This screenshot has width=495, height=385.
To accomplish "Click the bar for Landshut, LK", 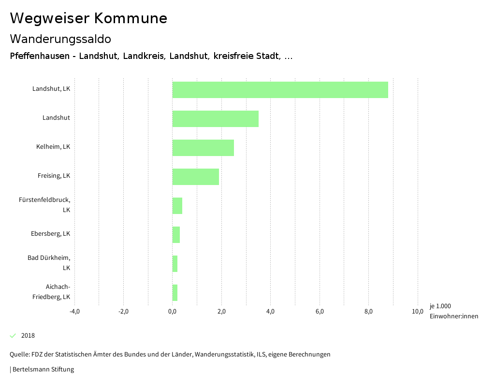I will (x=280, y=90).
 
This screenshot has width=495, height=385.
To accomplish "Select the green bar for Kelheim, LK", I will (x=203, y=148).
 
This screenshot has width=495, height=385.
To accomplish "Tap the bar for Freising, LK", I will (x=196, y=177).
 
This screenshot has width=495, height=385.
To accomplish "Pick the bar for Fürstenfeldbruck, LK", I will (x=177, y=206).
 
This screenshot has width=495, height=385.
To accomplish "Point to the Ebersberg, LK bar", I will (x=176, y=235).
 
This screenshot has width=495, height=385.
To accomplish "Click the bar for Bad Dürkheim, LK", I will (x=175, y=264).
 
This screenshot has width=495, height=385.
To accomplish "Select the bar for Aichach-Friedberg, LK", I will (x=175, y=293).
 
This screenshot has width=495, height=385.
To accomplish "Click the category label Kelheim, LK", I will (x=53, y=147).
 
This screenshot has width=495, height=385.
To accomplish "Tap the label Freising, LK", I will (x=54, y=176).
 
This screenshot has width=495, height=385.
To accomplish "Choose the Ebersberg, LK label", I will (x=50, y=234).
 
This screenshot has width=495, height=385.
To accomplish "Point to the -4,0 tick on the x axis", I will (x=74, y=311).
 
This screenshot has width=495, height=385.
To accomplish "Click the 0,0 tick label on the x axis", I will (x=173, y=311).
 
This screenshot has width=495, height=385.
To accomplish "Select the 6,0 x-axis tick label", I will (x=320, y=311).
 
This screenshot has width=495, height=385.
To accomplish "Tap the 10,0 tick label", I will (x=418, y=311).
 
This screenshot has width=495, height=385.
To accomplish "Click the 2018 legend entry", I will (x=28, y=336).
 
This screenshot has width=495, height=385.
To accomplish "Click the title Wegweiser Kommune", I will (x=88, y=18).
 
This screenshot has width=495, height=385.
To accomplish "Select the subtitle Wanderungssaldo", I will (x=60, y=39).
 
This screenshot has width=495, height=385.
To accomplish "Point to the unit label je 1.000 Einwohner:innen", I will (x=453, y=311).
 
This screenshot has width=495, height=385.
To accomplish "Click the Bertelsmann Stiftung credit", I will (x=43, y=370).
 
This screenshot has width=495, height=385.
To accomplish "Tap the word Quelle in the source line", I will (x=19, y=355).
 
